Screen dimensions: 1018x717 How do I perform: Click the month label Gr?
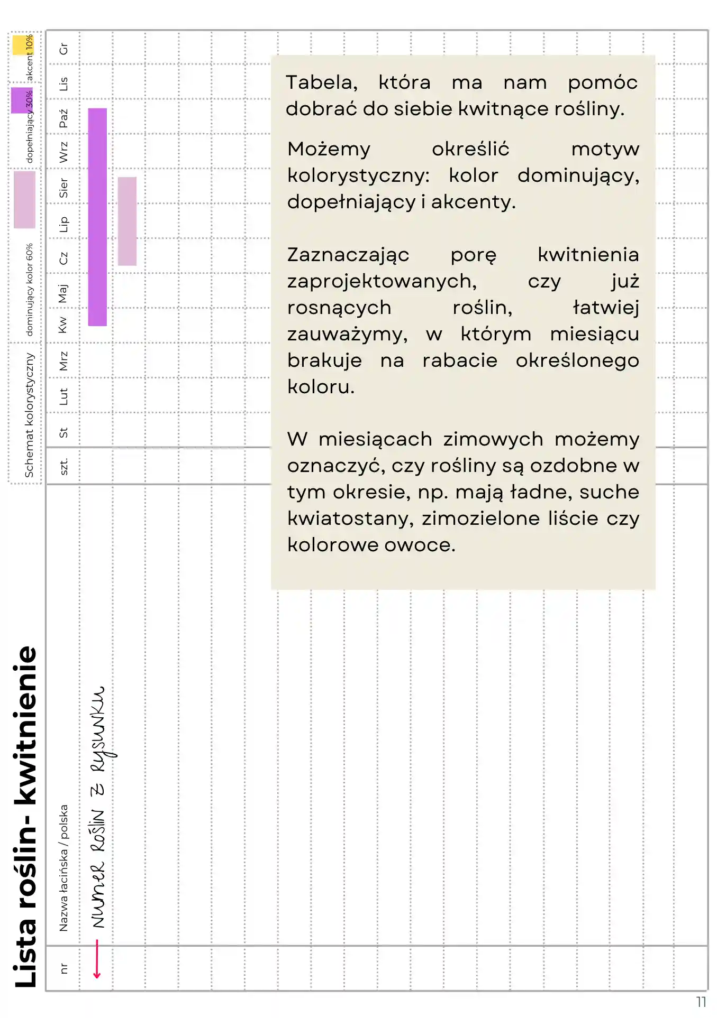click(x=63, y=49)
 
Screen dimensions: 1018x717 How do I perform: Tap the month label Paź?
click(x=63, y=118)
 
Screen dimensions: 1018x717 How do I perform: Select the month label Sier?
click(x=63, y=188)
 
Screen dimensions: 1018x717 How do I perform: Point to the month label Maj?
click(x=63, y=293)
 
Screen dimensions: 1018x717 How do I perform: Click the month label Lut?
click(x=63, y=396)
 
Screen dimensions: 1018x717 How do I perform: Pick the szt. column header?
click(x=63, y=466)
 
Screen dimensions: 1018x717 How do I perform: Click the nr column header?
click(x=63, y=968)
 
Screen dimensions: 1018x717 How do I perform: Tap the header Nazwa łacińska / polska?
click(x=63, y=867)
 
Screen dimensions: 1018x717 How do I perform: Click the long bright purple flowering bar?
click(x=97, y=217)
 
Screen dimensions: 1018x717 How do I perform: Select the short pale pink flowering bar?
click(x=127, y=221)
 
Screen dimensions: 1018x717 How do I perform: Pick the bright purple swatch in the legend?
click(x=20, y=100)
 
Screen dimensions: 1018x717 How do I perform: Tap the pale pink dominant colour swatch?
click(x=24, y=199)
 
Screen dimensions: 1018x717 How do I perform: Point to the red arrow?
click(x=97, y=959)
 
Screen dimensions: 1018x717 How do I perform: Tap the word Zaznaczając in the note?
click(x=348, y=255)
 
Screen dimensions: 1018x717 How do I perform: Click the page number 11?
click(x=701, y=1002)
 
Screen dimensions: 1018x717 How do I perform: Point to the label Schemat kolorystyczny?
click(x=29, y=415)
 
